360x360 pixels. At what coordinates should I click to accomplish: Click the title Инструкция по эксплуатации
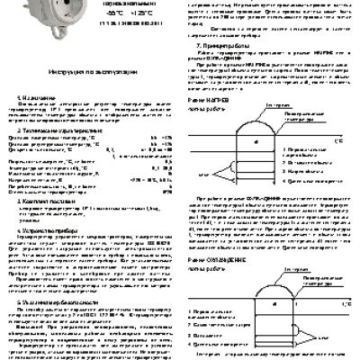[x=87, y=68]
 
